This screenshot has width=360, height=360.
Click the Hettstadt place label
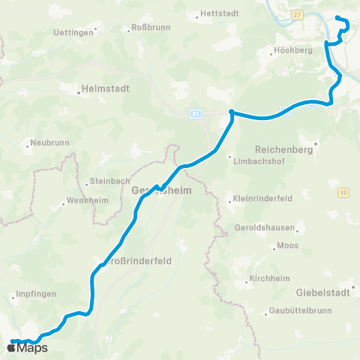(x=218, y=15)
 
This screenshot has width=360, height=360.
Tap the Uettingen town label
(x=73, y=33)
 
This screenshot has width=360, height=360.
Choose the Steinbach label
(x=109, y=181)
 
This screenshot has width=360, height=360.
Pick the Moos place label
(x=287, y=246)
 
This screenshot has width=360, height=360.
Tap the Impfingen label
(x=35, y=295)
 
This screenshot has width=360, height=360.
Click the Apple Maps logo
(x=27, y=347)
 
